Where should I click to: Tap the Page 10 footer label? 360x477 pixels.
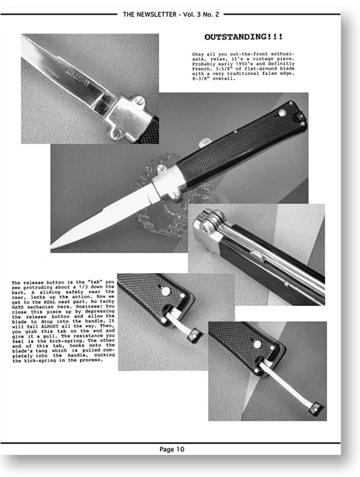[172, 449]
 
